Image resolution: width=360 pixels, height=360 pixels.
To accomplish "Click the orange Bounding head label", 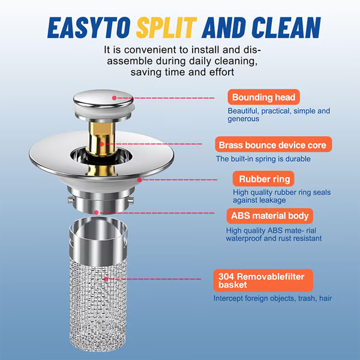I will pos(263,97).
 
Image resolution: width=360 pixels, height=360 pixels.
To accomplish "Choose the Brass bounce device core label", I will pos(272,145).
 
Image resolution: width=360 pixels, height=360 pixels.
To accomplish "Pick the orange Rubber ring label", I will pos(264,179).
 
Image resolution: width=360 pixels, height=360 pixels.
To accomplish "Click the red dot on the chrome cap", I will pos(114,97).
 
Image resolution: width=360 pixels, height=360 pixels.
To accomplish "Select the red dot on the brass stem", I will pos(103,144).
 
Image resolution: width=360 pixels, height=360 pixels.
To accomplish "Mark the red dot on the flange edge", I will pos(139,179).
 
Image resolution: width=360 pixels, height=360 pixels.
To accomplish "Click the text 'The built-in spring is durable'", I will pos(263,159).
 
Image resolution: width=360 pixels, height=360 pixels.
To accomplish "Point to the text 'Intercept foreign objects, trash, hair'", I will pos(272,298).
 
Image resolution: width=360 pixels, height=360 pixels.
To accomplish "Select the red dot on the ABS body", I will pos(97,212).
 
